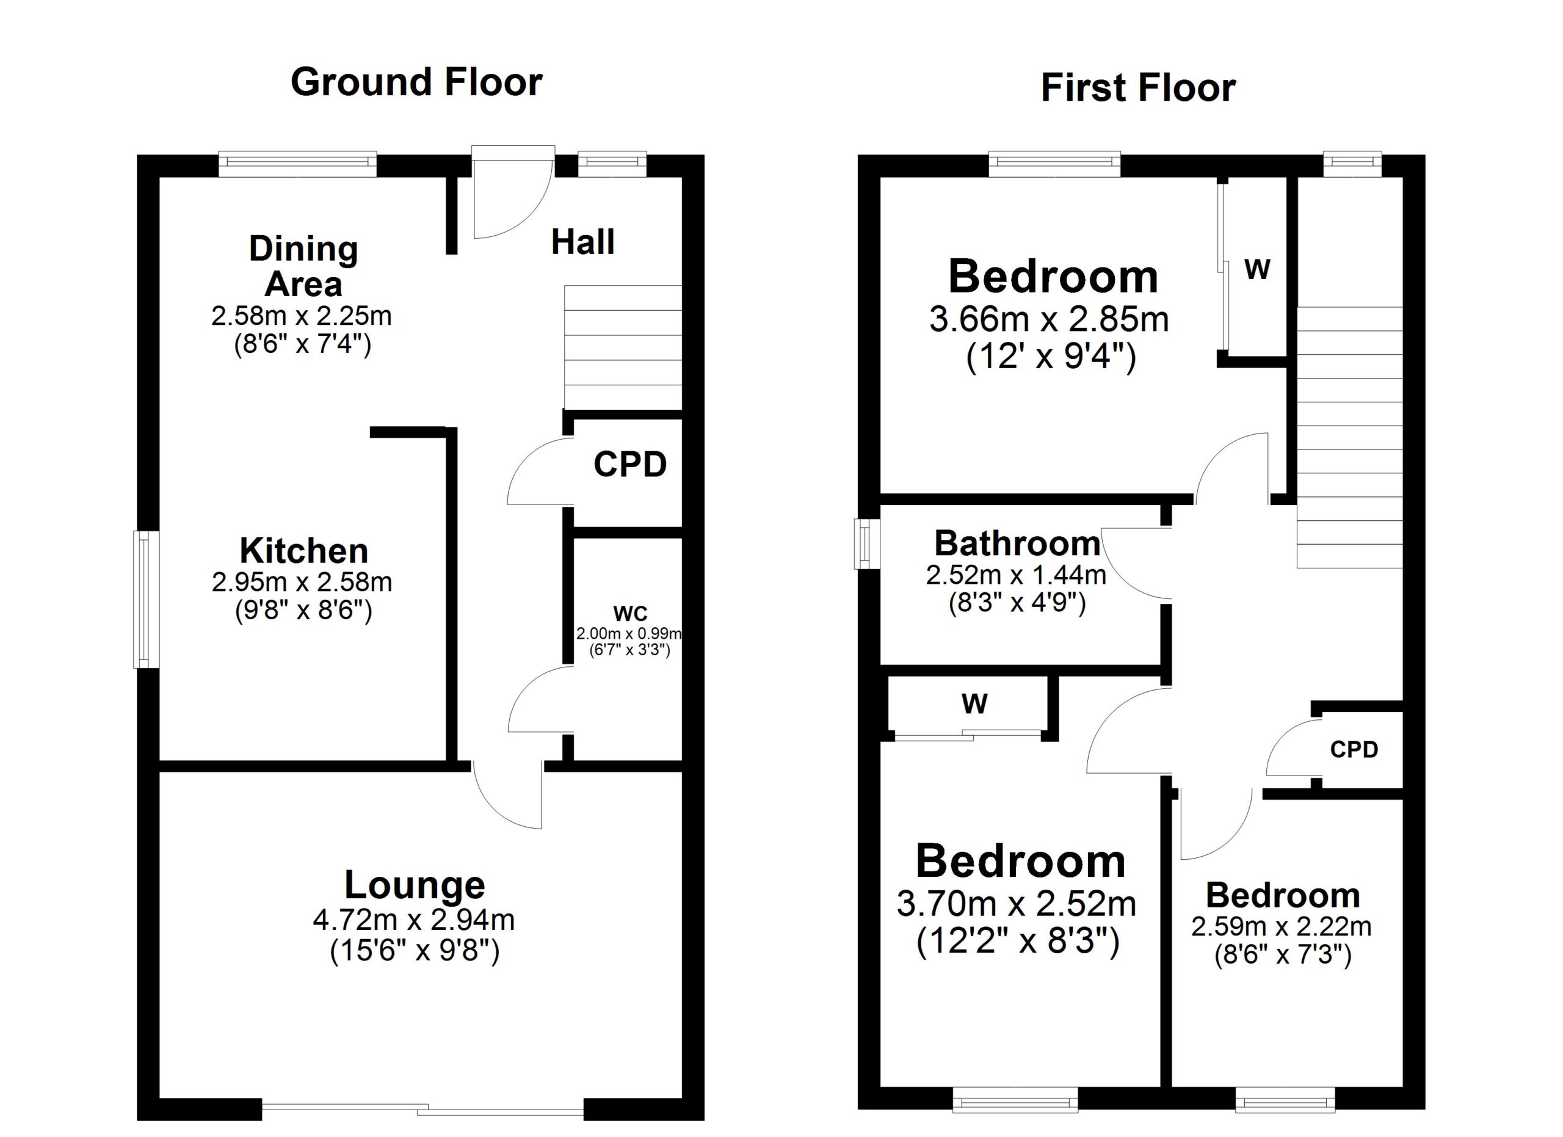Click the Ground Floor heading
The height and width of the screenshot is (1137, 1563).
[x=416, y=82]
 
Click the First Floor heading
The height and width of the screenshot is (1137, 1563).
[x=1138, y=88]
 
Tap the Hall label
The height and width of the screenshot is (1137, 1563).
[x=582, y=242]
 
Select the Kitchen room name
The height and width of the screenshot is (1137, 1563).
[x=303, y=551]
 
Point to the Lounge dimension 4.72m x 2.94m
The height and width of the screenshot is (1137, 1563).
[x=413, y=919]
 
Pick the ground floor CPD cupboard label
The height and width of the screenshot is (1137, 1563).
[x=630, y=465]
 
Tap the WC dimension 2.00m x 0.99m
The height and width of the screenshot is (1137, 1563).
[x=628, y=633]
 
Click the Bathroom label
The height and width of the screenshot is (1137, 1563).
[x=1017, y=543]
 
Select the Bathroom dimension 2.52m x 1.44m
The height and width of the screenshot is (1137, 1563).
[x=1016, y=575]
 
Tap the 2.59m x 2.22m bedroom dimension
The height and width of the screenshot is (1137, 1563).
[x=1282, y=926]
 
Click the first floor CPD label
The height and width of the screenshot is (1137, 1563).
[x=1354, y=750]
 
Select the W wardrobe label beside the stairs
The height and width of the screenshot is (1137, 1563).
[x=1258, y=269]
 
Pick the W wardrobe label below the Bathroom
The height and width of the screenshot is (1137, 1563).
[x=974, y=703]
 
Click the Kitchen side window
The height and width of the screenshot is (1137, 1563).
[x=145, y=599]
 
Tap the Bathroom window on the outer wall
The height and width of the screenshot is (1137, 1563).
[x=866, y=543]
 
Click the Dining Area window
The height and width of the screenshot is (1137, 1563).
[x=298, y=163]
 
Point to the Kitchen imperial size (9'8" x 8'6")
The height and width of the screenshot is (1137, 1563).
[x=303, y=611]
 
